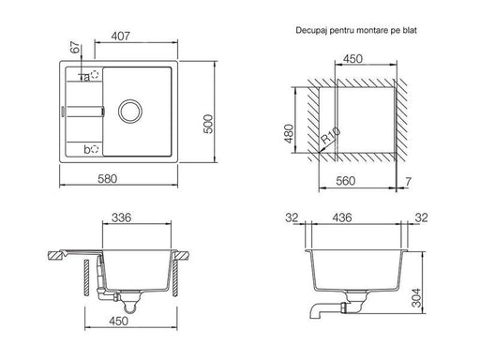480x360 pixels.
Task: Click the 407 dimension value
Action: (x=120, y=36)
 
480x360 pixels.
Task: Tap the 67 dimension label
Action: (x=75, y=48)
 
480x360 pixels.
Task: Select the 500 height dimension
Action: (x=208, y=124)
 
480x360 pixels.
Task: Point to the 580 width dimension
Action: (x=108, y=179)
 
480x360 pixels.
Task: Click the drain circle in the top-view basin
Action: (x=130, y=111)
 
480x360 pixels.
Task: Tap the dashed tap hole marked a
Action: (x=95, y=75)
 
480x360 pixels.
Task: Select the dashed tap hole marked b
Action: (x=95, y=149)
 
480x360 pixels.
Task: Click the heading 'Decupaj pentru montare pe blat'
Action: (x=356, y=30)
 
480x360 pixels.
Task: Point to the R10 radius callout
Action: (x=331, y=136)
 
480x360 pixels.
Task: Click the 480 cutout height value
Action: (x=289, y=133)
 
